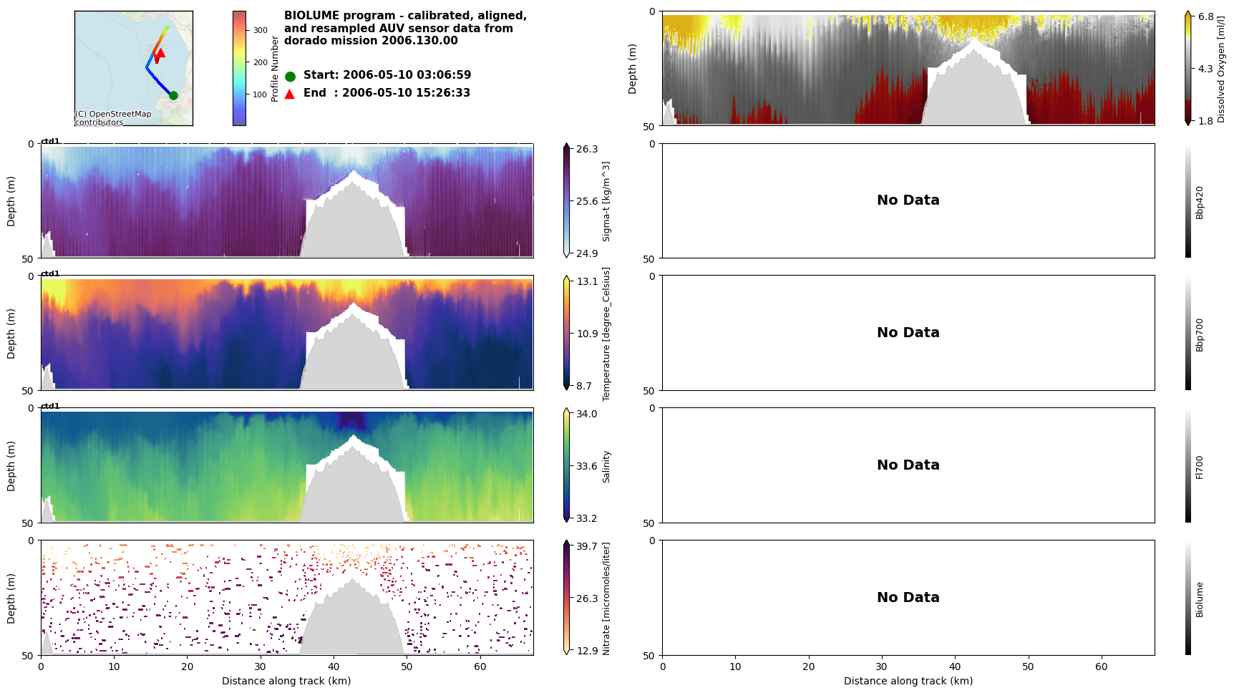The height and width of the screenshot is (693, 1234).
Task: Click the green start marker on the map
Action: (173, 95)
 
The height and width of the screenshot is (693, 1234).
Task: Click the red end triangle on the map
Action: (160, 52)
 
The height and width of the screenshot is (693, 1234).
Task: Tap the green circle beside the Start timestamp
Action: (290, 76)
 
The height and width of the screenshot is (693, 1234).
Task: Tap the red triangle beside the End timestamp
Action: (289, 94)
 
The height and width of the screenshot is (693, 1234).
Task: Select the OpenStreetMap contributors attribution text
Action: (113, 118)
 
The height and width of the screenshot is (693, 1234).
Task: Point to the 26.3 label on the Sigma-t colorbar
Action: (587, 149)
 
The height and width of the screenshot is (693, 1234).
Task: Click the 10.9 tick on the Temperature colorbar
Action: (587, 334)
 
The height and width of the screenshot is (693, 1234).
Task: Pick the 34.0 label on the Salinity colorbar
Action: (587, 414)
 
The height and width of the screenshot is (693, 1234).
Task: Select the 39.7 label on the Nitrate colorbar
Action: (587, 546)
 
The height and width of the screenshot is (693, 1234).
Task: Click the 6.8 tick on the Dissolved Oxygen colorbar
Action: (1206, 16)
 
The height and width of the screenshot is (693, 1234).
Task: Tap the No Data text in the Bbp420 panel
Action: (908, 200)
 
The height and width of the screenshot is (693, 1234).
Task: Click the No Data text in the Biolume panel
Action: (908, 598)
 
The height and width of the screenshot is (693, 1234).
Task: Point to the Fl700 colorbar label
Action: (1200, 467)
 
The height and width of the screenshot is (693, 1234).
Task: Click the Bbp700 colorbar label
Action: (1200, 334)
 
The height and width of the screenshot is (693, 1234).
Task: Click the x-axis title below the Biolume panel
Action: (908, 681)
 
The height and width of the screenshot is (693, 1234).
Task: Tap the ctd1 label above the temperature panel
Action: (50, 273)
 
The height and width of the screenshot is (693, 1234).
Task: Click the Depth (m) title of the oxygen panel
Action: (633, 69)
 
